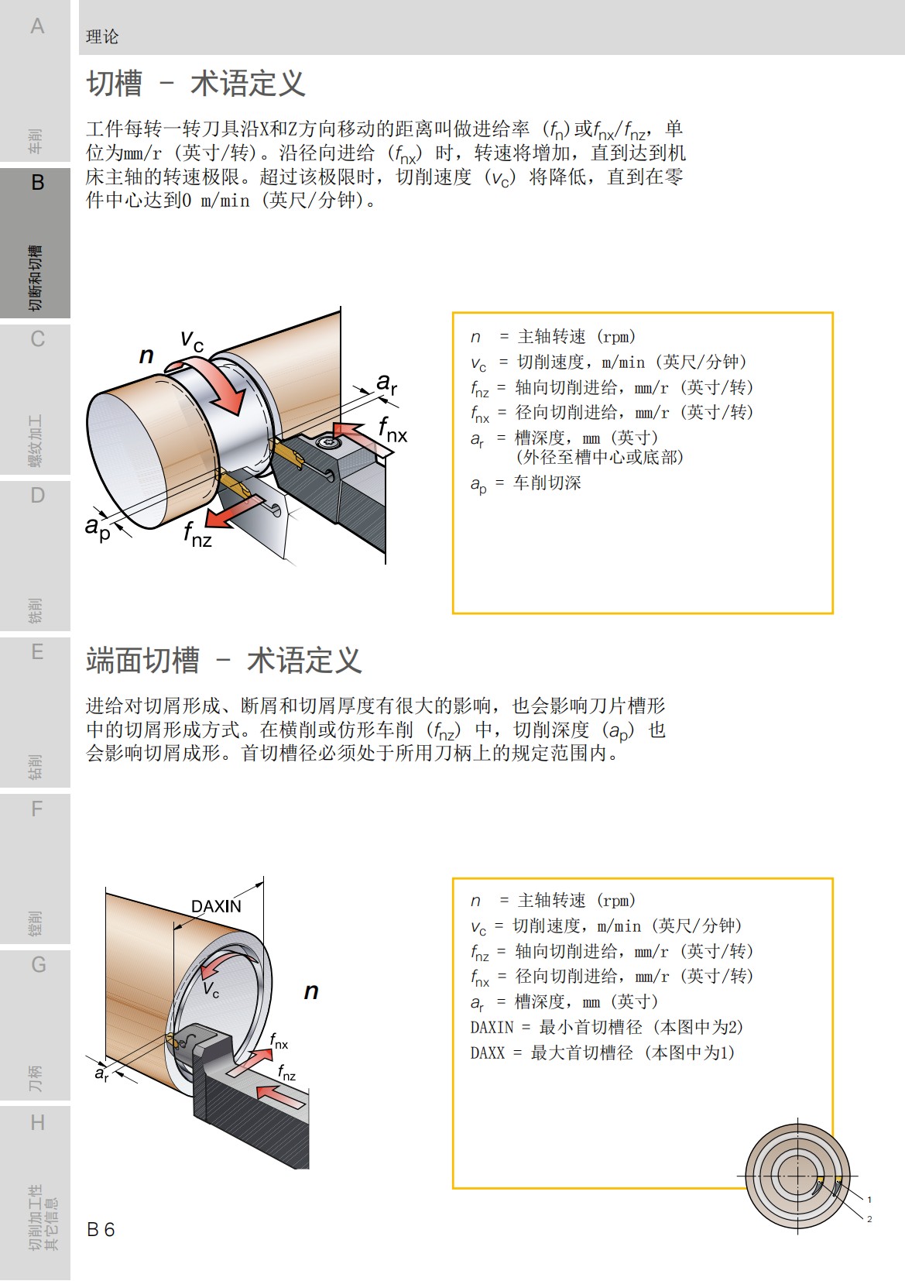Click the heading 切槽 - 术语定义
click(196, 84)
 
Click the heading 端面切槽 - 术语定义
click(224, 661)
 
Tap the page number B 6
click(101, 1229)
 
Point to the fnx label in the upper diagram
click(393, 430)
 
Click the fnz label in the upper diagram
click(197, 534)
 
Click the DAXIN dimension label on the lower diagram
click(216, 906)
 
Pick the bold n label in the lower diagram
click(311, 991)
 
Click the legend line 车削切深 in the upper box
click(526, 483)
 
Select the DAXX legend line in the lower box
click(602, 1053)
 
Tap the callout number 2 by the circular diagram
click(869, 1219)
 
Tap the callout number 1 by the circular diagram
click(869, 1200)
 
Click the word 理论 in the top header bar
click(102, 36)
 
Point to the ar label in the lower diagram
click(101, 1073)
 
